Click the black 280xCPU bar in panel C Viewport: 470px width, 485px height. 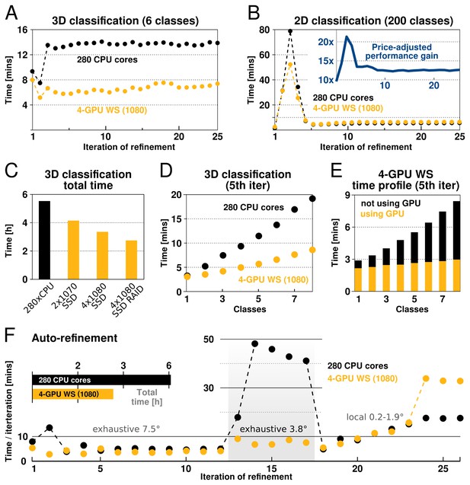tap(44, 240)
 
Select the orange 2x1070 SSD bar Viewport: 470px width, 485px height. tap(73, 250)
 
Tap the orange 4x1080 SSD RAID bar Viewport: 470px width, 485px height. tap(132, 260)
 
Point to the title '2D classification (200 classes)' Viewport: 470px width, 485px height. tap(373, 21)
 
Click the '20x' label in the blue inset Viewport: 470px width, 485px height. tap(326, 42)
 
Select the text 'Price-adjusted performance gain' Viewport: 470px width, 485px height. tap(401, 51)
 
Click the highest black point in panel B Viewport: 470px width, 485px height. tap(290, 31)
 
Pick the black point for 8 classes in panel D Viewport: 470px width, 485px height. tap(312, 199)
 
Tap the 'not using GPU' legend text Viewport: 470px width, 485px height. tap(391, 203)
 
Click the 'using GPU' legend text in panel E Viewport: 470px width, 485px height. tap(382, 214)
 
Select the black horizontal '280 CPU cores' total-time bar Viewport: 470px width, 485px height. tap(101, 380)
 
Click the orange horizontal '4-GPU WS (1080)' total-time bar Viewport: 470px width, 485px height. tap(72, 394)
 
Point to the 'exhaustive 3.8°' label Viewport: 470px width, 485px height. tap(273, 429)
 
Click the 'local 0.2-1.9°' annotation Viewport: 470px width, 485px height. tap(375, 417)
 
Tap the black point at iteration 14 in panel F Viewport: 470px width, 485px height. tap(255, 343)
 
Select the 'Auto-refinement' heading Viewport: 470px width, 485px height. tap(75, 338)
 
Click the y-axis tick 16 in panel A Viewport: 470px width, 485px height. tap(23, 30)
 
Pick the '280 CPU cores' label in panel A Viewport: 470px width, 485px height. tap(107, 59)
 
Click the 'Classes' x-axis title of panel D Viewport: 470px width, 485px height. tap(250, 309)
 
